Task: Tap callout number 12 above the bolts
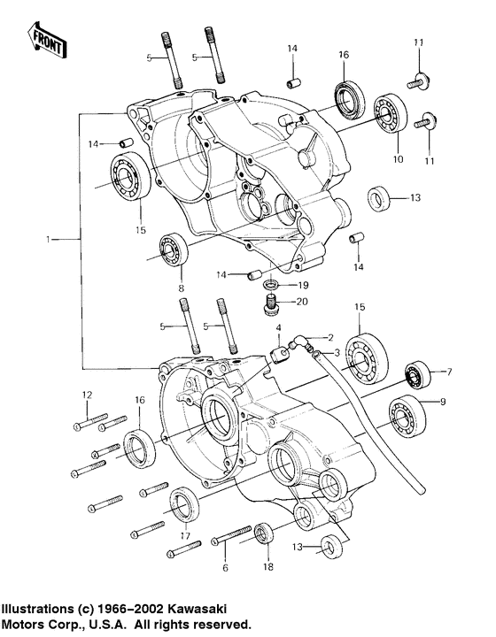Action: [x=87, y=395]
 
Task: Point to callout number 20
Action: [x=302, y=302]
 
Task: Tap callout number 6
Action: [x=225, y=566]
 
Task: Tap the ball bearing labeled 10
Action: [x=388, y=113]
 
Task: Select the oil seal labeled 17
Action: [x=184, y=504]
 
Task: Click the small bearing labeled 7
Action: [x=415, y=375]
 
